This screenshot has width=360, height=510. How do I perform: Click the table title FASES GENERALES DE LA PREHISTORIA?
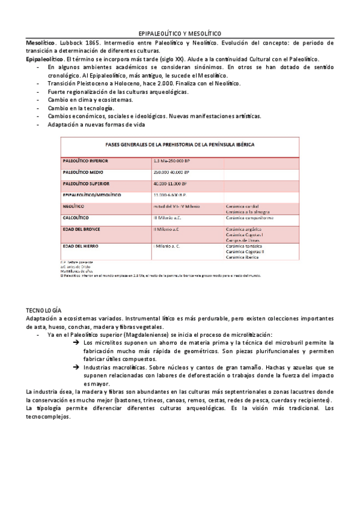pyautogui.click(x=180, y=146)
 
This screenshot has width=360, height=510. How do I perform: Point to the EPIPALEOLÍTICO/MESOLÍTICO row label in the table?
pyautogui.click(x=92, y=195)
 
